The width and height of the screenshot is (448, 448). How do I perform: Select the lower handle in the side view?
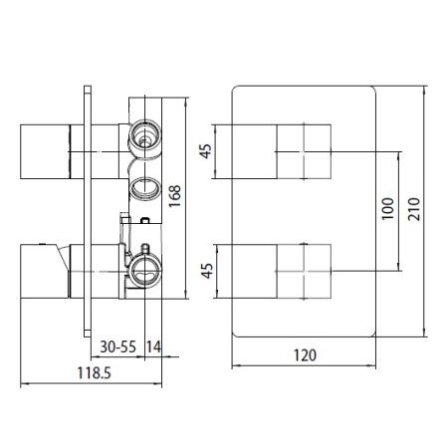(42, 271)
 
